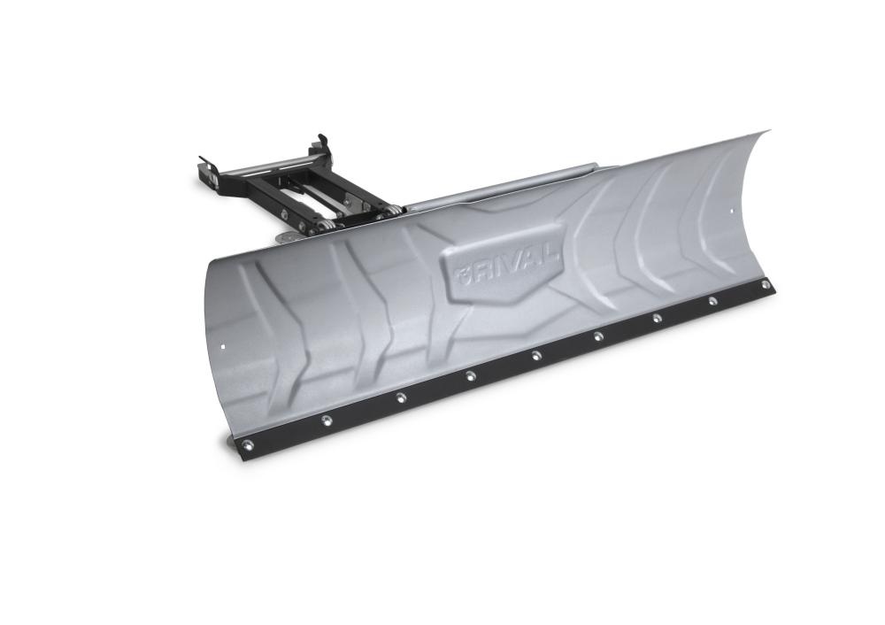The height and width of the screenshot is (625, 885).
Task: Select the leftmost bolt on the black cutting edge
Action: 247,444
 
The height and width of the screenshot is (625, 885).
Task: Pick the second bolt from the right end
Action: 712,301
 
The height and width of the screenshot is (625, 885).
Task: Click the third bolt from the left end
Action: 400,397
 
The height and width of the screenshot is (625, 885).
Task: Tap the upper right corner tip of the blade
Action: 766,132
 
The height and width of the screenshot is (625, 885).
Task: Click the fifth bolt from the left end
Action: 536,356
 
